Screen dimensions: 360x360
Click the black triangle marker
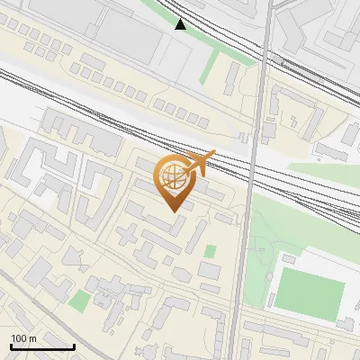181,24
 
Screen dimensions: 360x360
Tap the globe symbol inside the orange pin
174,177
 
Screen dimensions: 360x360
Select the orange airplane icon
199,163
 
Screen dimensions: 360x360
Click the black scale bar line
42,346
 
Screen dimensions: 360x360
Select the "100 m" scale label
23,338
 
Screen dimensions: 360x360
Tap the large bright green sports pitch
309,291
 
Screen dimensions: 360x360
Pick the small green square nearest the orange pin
211,251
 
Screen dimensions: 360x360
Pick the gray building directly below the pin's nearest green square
209,270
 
